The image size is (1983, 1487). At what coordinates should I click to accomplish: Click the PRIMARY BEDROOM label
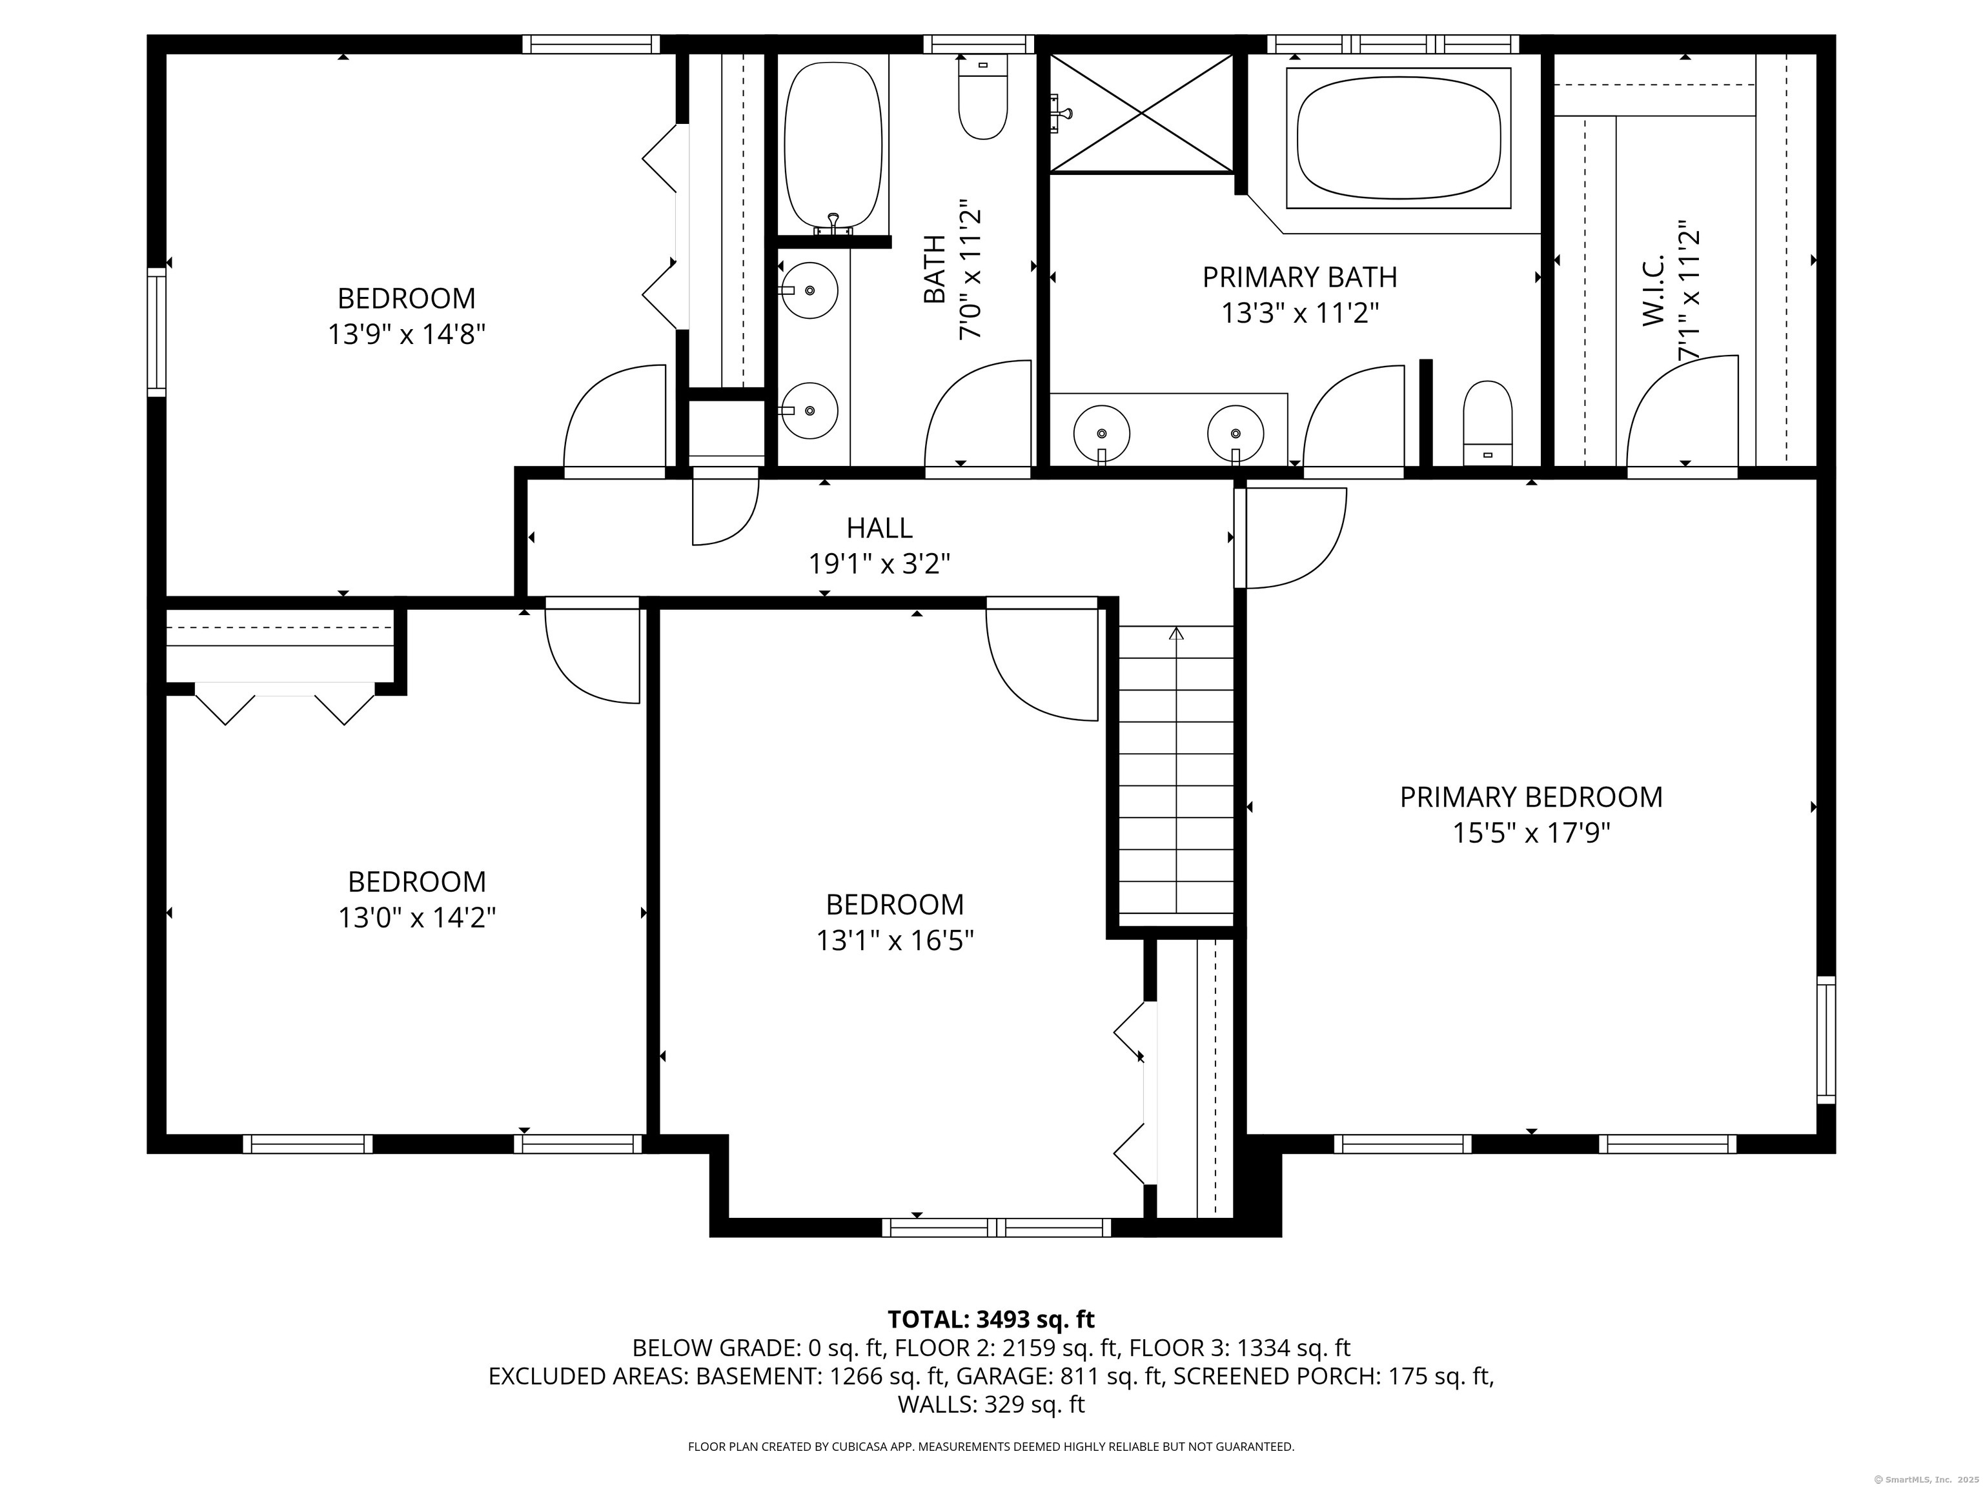click(x=1530, y=797)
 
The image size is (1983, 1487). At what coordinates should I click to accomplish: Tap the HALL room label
click(x=879, y=528)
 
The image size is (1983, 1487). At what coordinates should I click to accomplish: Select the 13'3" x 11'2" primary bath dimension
click(x=1299, y=314)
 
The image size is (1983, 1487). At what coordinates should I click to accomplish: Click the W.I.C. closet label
click(x=1653, y=288)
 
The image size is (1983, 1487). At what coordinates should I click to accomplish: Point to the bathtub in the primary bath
click(x=1399, y=138)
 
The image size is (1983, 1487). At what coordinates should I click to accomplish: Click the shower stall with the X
click(x=1141, y=113)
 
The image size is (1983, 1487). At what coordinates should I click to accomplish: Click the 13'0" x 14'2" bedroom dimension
click(x=417, y=918)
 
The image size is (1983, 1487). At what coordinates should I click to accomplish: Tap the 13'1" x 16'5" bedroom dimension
click(x=895, y=940)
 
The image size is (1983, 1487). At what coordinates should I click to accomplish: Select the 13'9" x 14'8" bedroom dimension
click(x=406, y=334)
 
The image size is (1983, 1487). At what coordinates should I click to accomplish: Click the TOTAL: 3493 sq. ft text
click(x=991, y=1319)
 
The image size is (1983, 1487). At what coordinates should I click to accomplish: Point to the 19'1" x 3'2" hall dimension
click(x=879, y=564)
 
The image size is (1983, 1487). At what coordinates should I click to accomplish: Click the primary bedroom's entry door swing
click(x=1292, y=538)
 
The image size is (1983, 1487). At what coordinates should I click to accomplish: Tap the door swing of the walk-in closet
click(x=1682, y=411)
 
